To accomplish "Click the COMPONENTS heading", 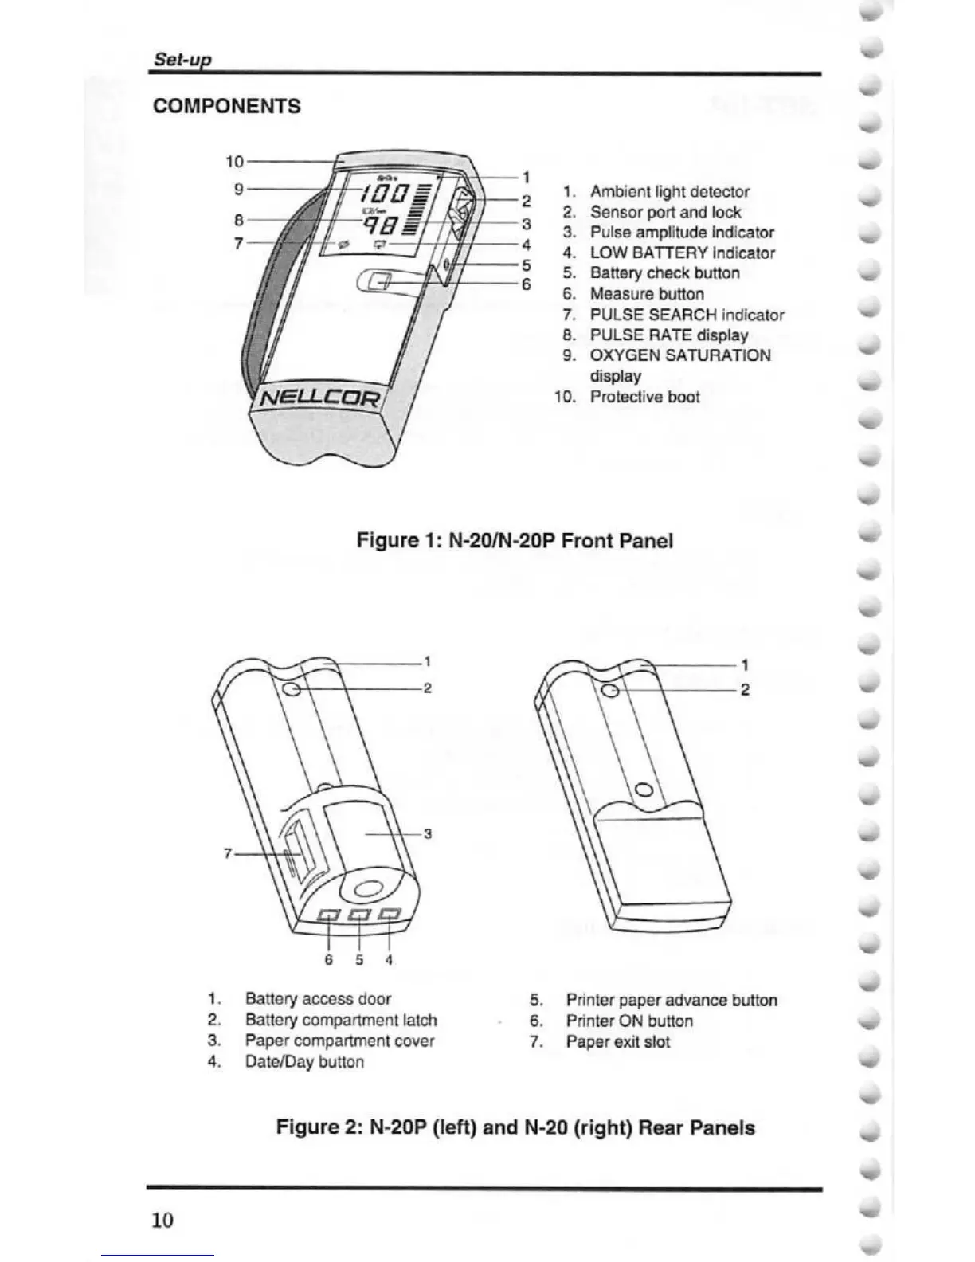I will pos(227,106).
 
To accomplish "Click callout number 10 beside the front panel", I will pos(234,161).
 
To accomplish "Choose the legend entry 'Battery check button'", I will pos(664,273).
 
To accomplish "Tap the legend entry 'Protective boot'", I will pos(644,397).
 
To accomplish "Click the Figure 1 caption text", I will pos(515,541).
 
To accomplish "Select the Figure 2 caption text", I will pos(515,1128).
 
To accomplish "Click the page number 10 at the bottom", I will pos(162,1220).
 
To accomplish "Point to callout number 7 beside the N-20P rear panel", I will pos(227,853).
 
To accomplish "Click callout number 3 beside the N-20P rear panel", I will pos(428,834).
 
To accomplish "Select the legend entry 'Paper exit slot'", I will pos(617,1042).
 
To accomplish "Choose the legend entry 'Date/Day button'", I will pos(304,1062).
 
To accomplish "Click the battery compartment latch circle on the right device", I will pos(610,691).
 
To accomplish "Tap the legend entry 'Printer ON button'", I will pos(629,1021).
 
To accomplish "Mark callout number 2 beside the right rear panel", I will pos(745,690).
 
